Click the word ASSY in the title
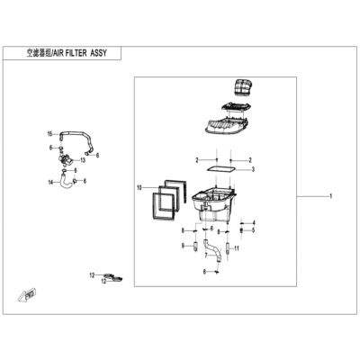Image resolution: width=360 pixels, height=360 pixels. (98, 53)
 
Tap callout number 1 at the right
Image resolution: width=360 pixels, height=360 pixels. (330, 196)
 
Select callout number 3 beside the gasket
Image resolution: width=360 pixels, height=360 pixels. (253, 169)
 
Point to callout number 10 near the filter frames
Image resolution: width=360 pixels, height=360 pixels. (139, 188)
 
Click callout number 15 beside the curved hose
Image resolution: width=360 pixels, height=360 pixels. (50, 134)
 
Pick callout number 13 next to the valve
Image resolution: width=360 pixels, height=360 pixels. (83, 160)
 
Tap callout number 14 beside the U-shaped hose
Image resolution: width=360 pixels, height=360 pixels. (51, 182)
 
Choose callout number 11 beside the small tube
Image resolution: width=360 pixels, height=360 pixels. (237, 248)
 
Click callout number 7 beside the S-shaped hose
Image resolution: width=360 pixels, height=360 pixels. (206, 256)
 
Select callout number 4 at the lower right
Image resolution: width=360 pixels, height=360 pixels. (254, 223)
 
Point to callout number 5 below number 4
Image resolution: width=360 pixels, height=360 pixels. (254, 230)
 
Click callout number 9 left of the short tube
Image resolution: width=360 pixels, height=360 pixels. (183, 246)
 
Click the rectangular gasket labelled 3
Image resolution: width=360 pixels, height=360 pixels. (221, 169)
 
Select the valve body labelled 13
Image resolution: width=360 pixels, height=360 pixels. (66, 158)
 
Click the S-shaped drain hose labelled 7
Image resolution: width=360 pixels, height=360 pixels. (212, 251)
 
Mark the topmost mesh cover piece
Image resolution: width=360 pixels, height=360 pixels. (243, 87)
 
